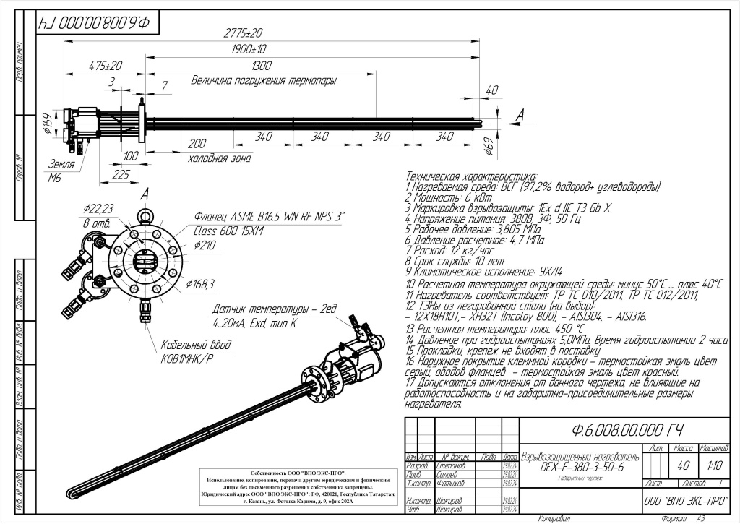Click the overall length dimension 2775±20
(243, 33)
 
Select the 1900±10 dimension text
(250, 50)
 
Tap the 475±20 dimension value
(106, 66)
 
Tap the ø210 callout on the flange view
(206, 246)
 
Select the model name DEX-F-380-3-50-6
(582, 468)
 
